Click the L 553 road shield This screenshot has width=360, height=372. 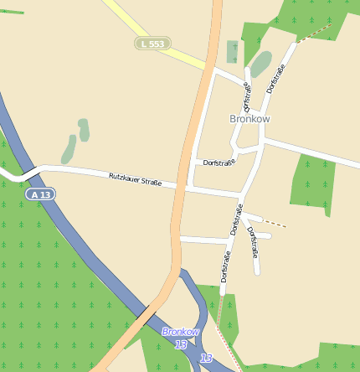tap(152, 43)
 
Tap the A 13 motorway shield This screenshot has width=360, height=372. tap(39, 194)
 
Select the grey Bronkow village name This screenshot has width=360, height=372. tap(249, 119)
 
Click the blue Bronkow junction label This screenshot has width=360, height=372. tap(182, 332)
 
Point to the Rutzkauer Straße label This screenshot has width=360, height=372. tap(135, 178)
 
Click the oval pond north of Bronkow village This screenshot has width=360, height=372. tap(261, 63)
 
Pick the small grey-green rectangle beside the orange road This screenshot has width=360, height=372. tap(232, 52)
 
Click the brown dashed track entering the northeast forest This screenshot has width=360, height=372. tap(313, 33)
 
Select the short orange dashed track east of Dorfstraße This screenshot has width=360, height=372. tap(275, 224)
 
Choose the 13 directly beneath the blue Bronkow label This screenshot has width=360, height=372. tap(182, 344)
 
